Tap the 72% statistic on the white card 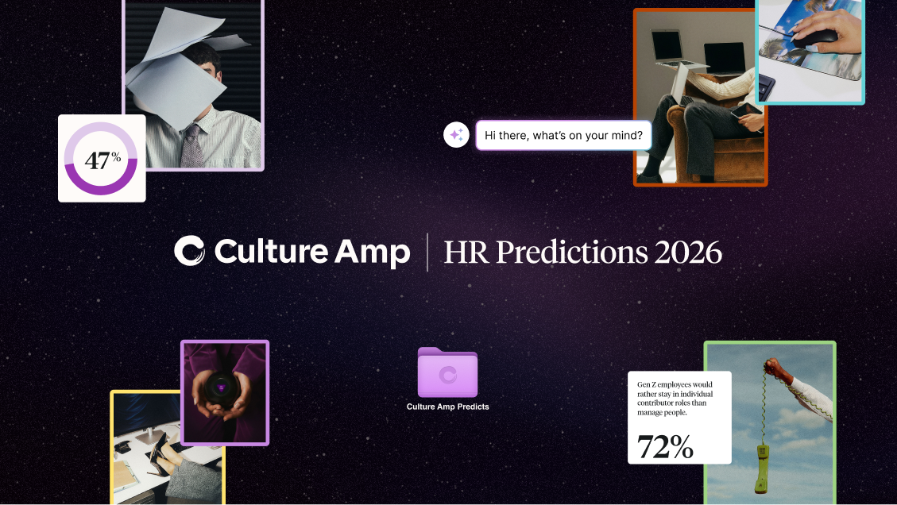(665, 447)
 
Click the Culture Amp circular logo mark (189, 250)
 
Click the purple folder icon (447, 372)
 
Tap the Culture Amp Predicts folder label (447, 407)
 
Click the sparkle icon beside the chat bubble (457, 135)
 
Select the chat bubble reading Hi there (563, 136)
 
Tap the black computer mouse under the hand (816, 37)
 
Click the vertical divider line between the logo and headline (427, 252)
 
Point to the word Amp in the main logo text (373, 252)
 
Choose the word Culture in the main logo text (271, 251)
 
